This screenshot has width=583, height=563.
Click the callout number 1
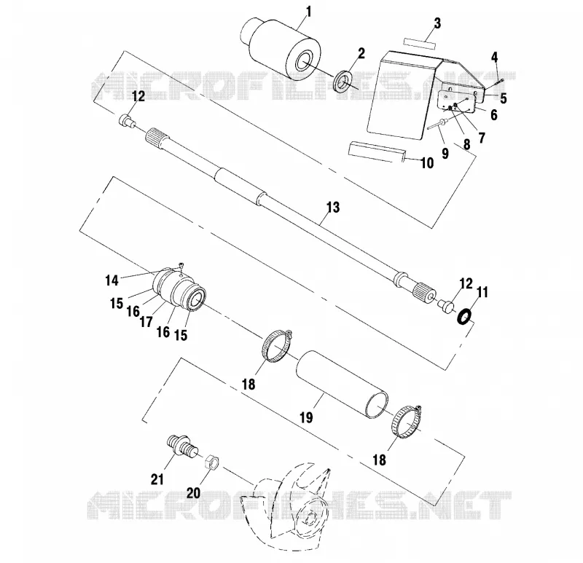pos(308,12)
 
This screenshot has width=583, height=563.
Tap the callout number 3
pos(437,23)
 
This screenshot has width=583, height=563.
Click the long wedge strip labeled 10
pos(377,151)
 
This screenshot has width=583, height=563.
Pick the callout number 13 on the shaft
pos(333,207)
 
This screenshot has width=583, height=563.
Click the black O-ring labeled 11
pos(464,317)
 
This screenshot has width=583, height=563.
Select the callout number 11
pos(482,292)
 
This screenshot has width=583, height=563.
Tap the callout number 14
pos(111,280)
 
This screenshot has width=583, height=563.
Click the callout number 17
pos(146,321)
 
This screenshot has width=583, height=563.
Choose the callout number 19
pos(306,417)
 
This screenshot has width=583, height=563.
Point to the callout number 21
pos(157,479)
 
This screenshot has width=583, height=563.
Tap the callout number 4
pos(494,58)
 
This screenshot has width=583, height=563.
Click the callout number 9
pos(445,153)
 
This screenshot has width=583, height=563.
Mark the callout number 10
pos(427,162)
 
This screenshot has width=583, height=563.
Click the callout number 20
pos(193,493)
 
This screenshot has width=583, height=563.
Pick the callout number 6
pos(494,115)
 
